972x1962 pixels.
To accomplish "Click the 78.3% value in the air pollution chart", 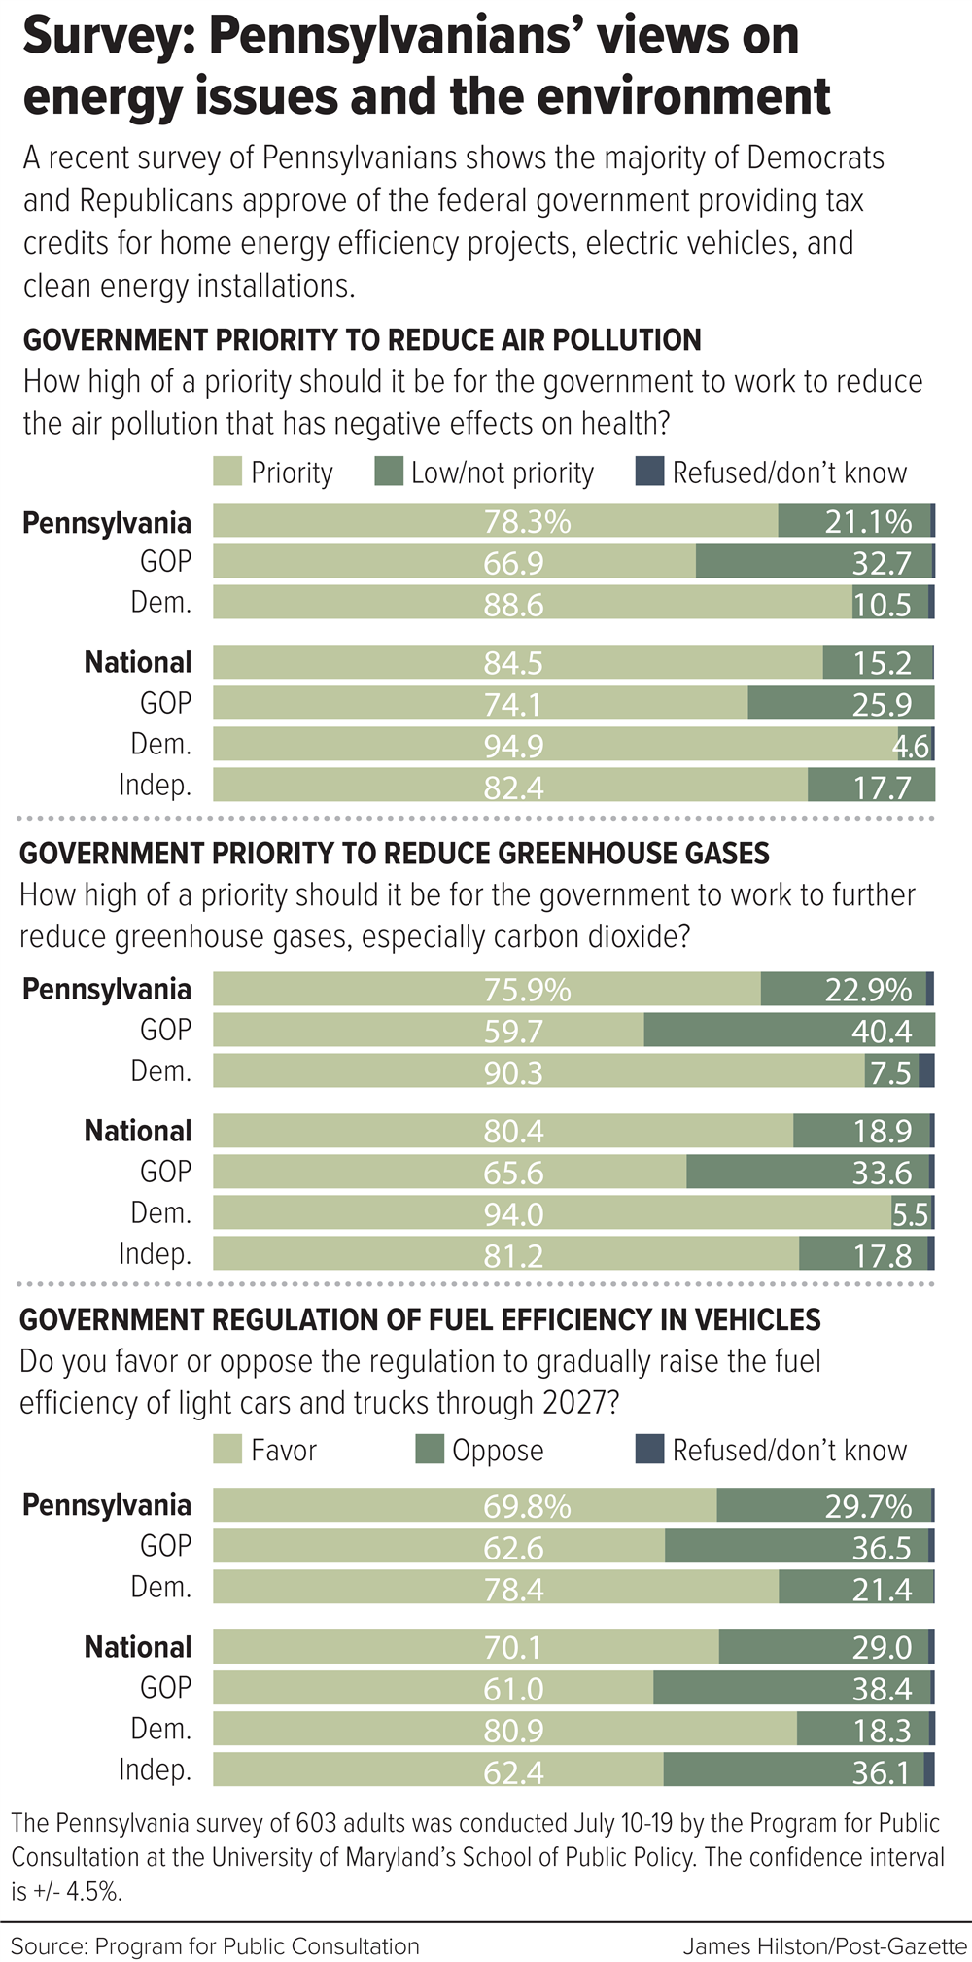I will tap(527, 522).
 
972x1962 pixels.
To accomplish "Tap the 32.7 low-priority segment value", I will tap(882, 563).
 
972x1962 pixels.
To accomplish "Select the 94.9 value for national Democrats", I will tap(513, 746).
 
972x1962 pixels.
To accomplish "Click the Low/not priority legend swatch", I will tap(388, 473).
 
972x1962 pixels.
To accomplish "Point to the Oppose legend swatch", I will tap(429, 1450).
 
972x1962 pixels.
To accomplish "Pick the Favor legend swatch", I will tap(227, 1450).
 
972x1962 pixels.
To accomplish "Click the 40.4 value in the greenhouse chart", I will tap(882, 1031).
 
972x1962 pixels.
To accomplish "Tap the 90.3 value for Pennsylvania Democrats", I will tap(513, 1072).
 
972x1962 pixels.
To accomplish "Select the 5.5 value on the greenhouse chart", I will tap(911, 1213).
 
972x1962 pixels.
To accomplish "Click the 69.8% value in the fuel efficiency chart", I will tap(527, 1506).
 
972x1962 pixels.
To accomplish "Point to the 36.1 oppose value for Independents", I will tap(882, 1771).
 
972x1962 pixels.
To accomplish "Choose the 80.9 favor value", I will tap(513, 1731).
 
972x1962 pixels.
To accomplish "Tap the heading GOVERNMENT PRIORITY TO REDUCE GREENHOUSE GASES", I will tap(395, 854).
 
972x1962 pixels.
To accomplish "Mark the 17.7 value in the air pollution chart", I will tap(882, 787).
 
